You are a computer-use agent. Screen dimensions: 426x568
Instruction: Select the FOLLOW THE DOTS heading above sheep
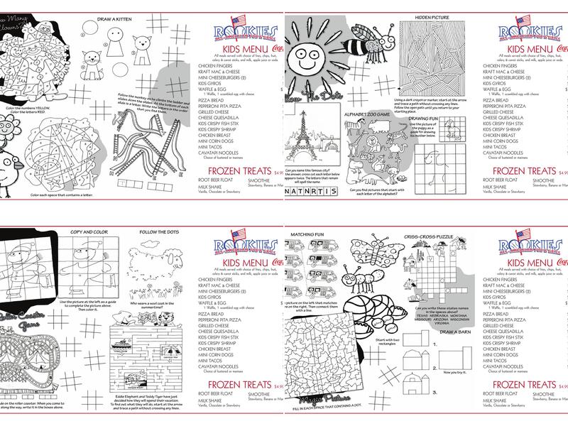tap(158, 232)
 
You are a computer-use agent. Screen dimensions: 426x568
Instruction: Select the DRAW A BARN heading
tap(435, 332)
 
